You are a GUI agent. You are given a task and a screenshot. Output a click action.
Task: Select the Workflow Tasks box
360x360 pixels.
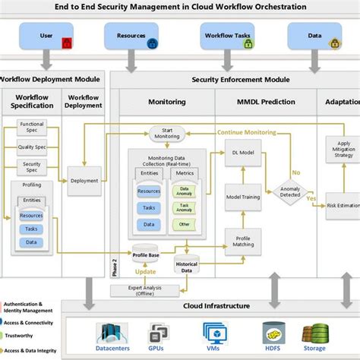tap(226, 35)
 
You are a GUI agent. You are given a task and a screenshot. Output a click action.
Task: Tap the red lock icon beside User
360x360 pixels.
tap(66, 44)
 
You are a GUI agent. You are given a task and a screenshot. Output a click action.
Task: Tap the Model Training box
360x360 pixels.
tap(243, 197)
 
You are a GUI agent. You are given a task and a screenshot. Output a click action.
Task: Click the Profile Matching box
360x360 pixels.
tap(243, 242)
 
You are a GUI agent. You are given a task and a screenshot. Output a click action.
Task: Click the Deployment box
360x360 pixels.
tap(84, 181)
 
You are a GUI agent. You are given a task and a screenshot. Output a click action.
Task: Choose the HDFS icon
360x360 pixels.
tap(272, 335)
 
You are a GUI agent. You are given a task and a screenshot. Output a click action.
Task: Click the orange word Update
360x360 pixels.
tap(146, 271)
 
